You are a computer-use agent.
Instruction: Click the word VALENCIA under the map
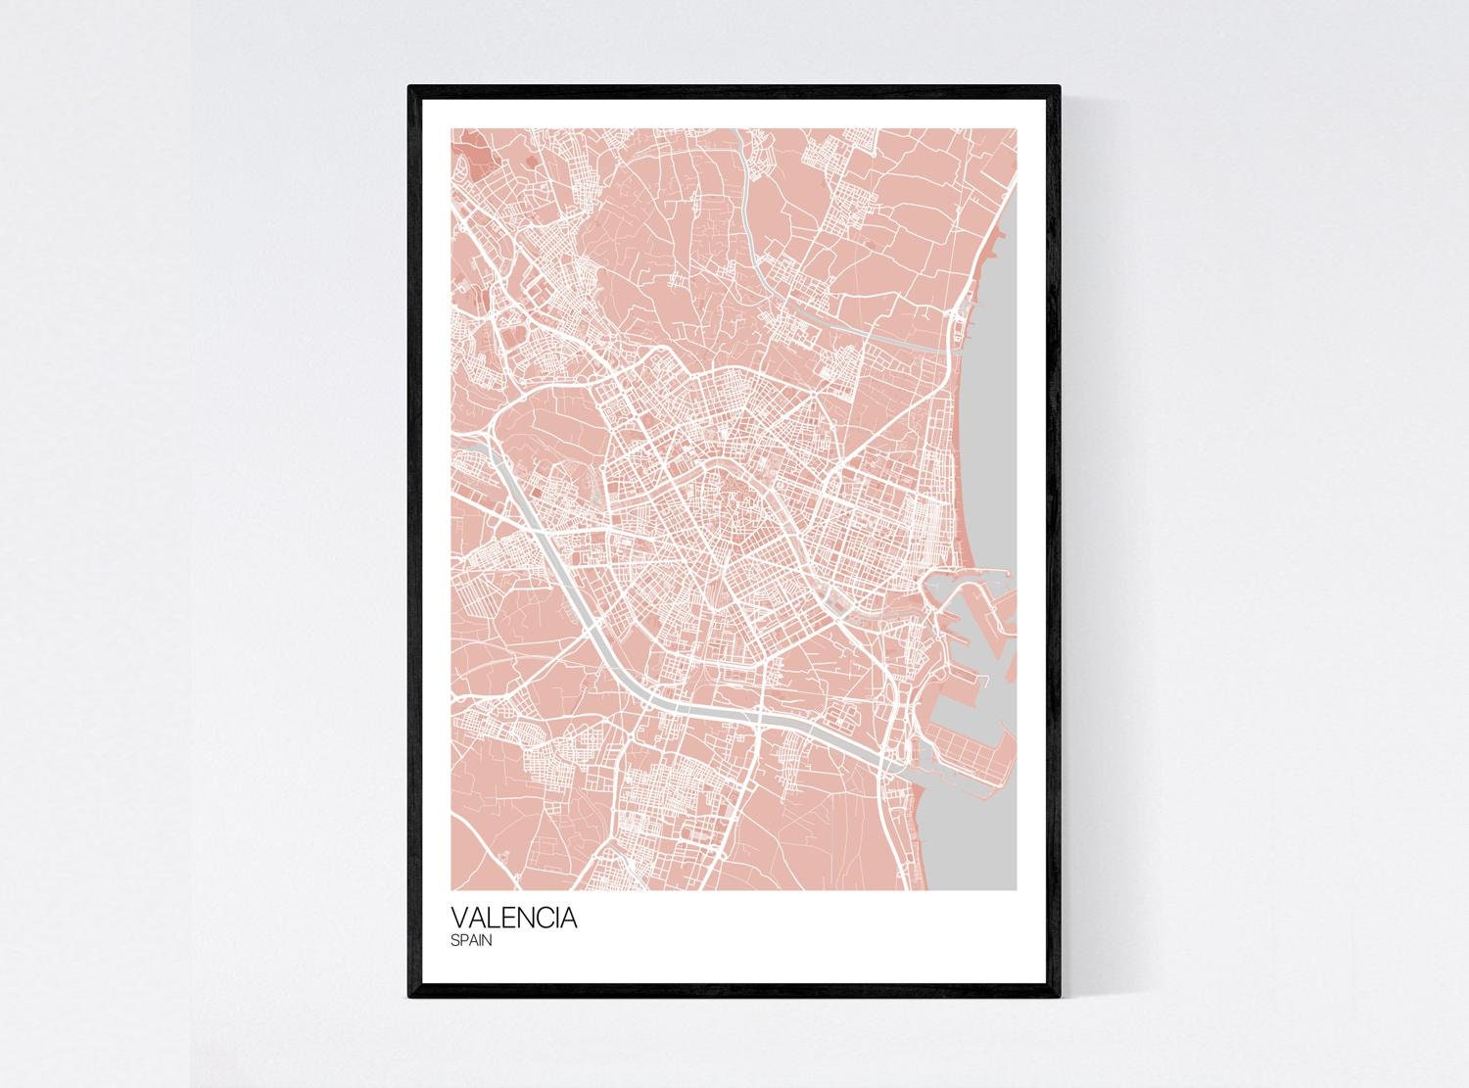coord(514,920)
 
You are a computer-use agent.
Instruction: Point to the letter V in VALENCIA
coord(459,920)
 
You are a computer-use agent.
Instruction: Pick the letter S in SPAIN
coord(455,942)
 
